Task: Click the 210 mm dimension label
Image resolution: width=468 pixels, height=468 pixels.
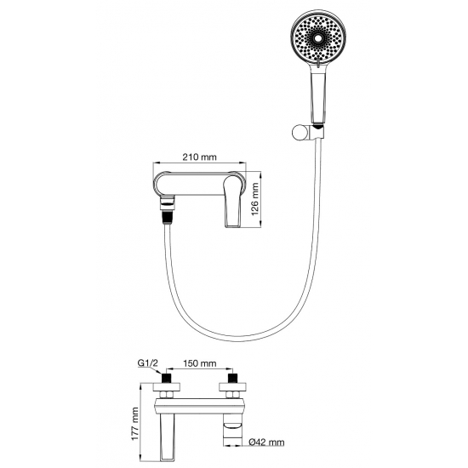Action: click(x=199, y=157)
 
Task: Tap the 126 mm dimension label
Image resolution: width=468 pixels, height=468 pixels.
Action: click(x=255, y=199)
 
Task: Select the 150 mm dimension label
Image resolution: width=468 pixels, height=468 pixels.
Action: click(x=200, y=363)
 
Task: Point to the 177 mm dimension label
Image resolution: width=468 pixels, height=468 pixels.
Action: click(x=135, y=424)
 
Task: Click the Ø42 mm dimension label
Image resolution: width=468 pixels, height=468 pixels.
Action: click(x=266, y=442)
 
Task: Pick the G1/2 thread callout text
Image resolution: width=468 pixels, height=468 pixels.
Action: click(x=147, y=363)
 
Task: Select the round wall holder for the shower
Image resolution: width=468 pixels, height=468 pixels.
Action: click(x=300, y=133)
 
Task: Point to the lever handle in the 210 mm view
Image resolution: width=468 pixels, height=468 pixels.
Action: click(x=233, y=201)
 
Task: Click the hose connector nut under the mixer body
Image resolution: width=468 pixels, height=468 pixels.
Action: click(x=168, y=201)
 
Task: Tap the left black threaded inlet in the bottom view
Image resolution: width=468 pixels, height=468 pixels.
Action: click(x=166, y=378)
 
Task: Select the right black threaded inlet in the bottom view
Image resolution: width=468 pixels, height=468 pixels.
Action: click(x=232, y=378)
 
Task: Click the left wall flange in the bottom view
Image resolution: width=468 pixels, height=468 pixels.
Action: click(x=167, y=387)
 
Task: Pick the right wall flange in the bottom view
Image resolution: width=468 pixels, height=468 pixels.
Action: click(x=232, y=387)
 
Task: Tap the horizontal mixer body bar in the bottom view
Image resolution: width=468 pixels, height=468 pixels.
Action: click(x=200, y=406)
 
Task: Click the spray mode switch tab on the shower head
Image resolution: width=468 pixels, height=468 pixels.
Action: click(x=318, y=62)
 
